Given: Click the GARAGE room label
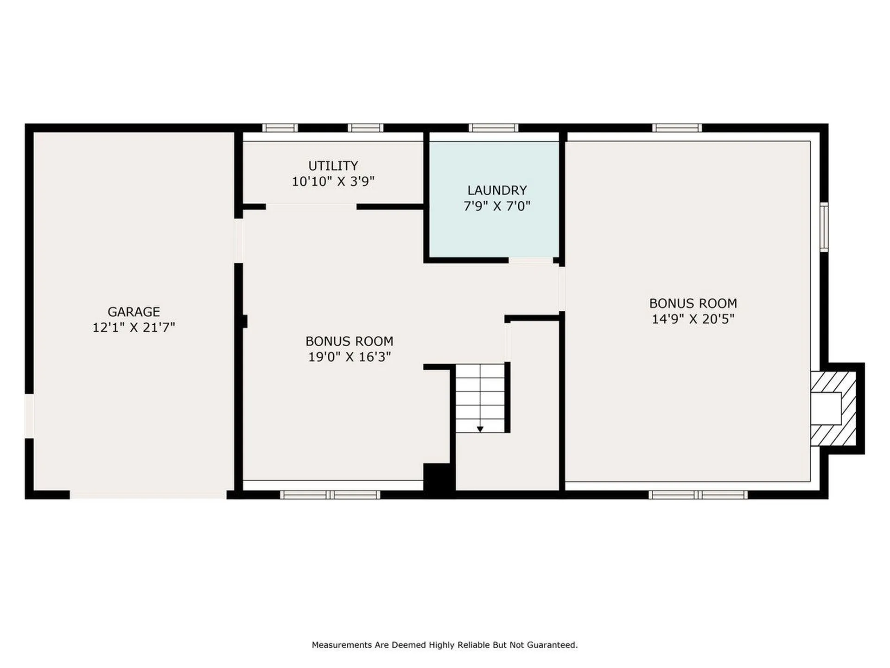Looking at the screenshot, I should (133, 311).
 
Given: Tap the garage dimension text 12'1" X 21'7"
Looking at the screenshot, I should (133, 328).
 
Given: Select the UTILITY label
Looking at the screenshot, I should (333, 166).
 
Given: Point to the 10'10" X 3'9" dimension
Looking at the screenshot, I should (333, 181).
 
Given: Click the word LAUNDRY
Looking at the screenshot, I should (497, 190).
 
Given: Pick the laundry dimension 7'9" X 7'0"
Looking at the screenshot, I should (497, 206).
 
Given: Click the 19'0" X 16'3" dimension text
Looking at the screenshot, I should (350, 357).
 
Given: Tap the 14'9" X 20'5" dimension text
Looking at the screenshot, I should (693, 319).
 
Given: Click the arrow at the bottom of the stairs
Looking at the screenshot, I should (480, 429).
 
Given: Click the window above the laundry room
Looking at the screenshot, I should (493, 128).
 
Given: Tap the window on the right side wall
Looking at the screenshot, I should (824, 227).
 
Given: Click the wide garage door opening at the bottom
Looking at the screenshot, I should (148, 495).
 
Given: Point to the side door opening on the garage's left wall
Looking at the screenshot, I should (29, 416).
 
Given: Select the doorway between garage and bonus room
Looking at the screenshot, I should (238, 241).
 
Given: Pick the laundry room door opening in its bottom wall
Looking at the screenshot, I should (531, 260).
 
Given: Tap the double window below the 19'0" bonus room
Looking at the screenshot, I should (330, 495).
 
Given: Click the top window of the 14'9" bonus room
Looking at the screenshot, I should (677, 128).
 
